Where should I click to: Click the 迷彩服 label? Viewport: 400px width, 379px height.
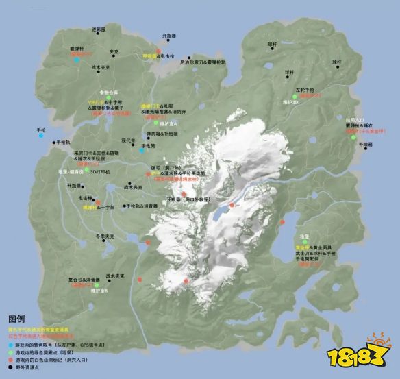coord(99,29)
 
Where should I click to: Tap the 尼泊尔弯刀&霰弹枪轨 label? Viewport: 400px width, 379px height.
coord(203,61)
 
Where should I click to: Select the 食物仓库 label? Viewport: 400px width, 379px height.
coord(109,92)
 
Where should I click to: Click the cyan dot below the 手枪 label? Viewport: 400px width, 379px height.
coord(42,136)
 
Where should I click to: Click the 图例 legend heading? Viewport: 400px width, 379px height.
coord(16,319)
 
